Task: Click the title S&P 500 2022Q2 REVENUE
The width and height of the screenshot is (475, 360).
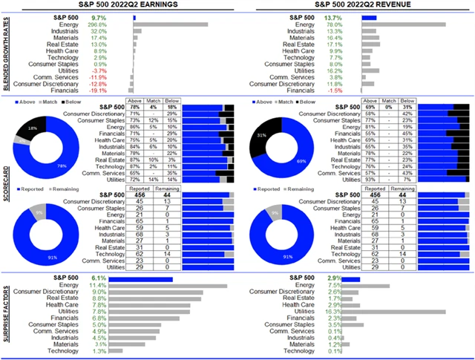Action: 355,5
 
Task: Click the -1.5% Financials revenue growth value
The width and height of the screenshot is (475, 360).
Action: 335,90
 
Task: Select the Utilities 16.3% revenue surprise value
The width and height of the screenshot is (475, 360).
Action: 335,312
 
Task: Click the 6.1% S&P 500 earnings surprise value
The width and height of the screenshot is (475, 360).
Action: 99,277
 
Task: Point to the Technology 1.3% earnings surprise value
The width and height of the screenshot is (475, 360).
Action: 99,351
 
